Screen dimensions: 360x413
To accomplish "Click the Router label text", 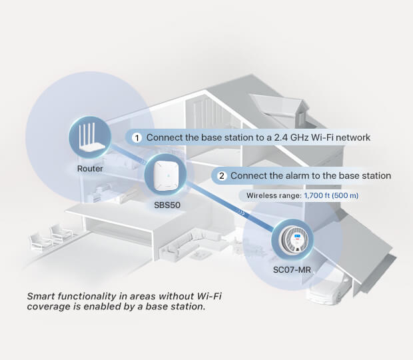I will point(90,169).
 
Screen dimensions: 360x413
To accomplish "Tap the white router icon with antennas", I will point(89,139).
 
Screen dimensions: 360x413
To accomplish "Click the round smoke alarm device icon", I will point(293,239).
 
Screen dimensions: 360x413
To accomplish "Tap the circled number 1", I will point(137,138).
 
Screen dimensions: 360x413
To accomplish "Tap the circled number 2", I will point(221,176).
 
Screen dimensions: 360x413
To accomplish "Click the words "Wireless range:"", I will point(274,195).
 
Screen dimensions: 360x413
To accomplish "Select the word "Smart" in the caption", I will point(41,295).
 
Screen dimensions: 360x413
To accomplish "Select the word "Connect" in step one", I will point(165,137).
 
